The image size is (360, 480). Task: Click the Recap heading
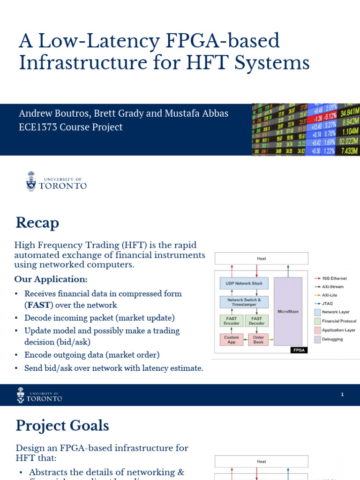pyautogui.click(x=37, y=223)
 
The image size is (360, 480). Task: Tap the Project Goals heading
pyautogui.click(x=62, y=426)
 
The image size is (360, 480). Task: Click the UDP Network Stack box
pyautogui.click(x=244, y=284)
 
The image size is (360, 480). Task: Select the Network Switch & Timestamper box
pyautogui.click(x=244, y=302)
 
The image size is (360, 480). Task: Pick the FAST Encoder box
pyautogui.click(x=232, y=321)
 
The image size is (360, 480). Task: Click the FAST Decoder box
pyautogui.click(x=257, y=321)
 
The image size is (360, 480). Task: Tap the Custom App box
pyautogui.click(x=232, y=339)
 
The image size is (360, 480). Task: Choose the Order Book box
pyautogui.click(x=258, y=339)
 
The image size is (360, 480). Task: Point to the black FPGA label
pyautogui.click(x=297, y=350)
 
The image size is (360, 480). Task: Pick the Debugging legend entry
pyautogui.click(x=333, y=339)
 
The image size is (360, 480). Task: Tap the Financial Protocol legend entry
pyautogui.click(x=335, y=321)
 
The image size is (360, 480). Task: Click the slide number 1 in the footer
pyautogui.click(x=343, y=395)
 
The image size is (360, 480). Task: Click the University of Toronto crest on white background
pyautogui.click(x=31, y=181)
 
